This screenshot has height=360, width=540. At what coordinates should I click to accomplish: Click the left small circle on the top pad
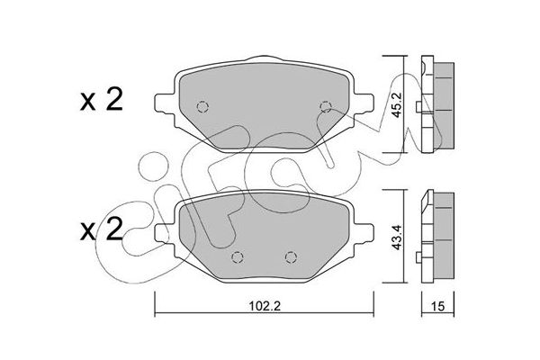tap(202, 104)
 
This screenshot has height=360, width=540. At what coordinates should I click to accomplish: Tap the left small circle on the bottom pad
tap(237, 257)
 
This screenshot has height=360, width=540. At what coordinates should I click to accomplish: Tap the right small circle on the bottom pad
tap(290, 257)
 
